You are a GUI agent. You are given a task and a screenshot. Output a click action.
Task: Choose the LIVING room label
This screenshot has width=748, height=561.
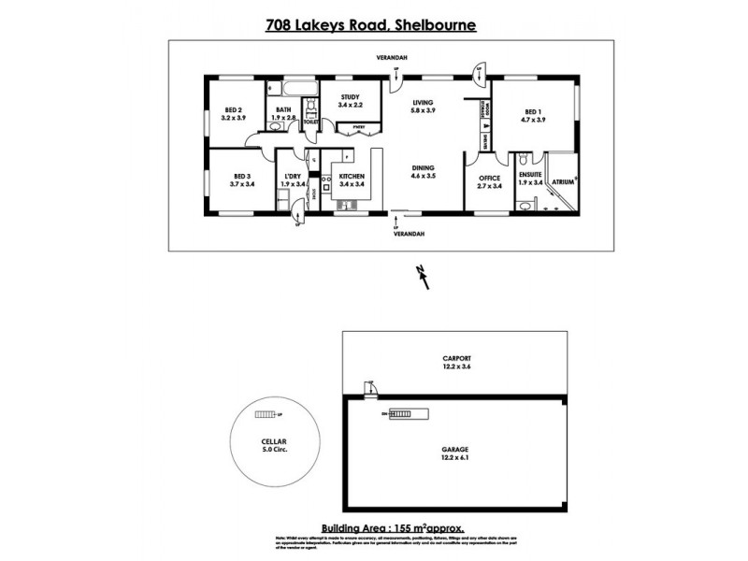[x=424, y=106]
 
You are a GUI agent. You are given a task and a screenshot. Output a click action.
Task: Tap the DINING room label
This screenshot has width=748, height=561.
[x=424, y=170]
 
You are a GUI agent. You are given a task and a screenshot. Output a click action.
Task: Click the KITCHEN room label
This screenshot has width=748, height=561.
[x=351, y=179]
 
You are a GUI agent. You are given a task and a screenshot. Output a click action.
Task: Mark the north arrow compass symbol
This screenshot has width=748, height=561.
[x=424, y=277]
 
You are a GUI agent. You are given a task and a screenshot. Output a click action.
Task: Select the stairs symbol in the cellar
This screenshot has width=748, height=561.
[x=268, y=414]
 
